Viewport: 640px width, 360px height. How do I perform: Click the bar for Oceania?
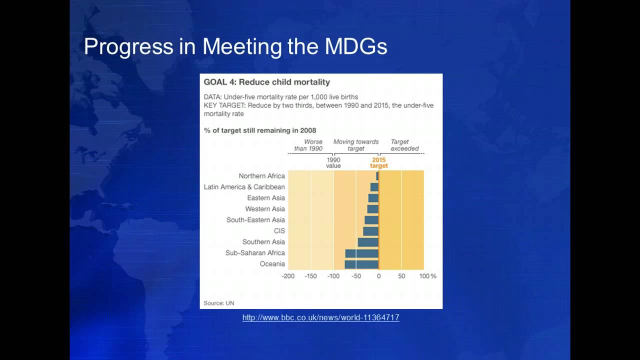click(x=361, y=264)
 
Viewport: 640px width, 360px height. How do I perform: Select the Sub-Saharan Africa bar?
click(x=361, y=253)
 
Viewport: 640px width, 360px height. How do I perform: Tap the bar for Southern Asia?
click(x=368, y=242)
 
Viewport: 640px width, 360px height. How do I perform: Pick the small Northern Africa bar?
click(x=377, y=176)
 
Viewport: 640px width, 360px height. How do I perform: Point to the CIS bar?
click(x=370, y=231)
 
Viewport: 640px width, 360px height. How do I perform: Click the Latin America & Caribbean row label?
click(x=244, y=187)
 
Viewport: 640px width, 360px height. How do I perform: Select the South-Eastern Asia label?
click(x=255, y=220)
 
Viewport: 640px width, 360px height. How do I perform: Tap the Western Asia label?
click(x=265, y=209)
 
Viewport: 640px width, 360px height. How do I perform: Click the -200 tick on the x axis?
click(x=288, y=276)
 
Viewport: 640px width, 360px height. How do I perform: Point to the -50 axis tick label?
click(x=356, y=276)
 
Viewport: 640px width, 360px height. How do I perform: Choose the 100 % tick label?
click(x=427, y=276)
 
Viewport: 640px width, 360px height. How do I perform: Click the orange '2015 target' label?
click(x=379, y=163)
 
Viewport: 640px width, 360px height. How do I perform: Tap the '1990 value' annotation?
click(x=333, y=163)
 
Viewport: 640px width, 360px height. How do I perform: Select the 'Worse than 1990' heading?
click(x=308, y=145)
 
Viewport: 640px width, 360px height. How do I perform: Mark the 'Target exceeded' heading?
click(x=404, y=145)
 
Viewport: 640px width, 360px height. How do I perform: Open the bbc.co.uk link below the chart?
click(x=321, y=317)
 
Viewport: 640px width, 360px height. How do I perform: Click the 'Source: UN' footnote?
click(x=219, y=303)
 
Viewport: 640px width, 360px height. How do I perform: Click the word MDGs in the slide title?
click(x=356, y=46)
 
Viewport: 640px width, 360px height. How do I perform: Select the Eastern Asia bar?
click(x=373, y=198)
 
